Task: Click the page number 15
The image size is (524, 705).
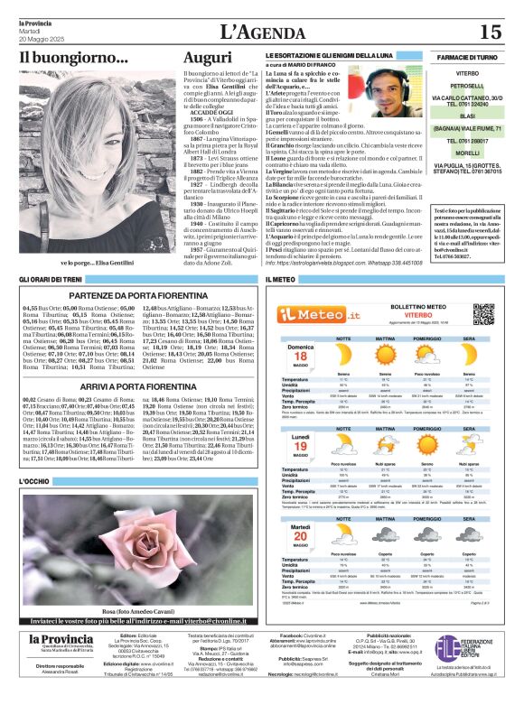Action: pos(491,32)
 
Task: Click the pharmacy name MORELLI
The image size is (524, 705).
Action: pos(466,153)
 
